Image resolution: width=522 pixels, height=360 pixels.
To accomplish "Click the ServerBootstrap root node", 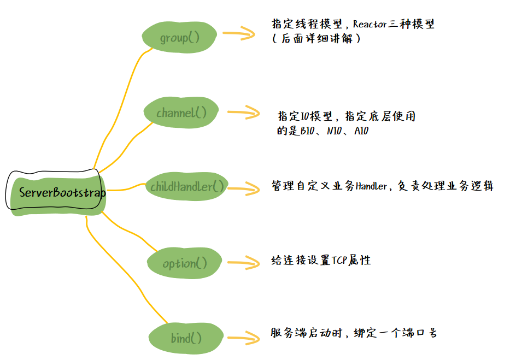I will [58, 193].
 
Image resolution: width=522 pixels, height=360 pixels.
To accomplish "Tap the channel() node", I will [181, 113].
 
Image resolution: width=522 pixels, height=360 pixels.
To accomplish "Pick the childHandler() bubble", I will [187, 187].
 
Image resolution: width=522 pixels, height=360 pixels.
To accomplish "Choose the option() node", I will [185, 263].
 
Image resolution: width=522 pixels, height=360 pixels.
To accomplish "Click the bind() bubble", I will [186, 338].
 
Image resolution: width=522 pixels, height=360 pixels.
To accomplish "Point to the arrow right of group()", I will [239, 34].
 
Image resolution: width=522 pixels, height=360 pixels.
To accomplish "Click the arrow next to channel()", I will [243, 113].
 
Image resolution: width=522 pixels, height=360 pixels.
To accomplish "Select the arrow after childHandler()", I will [243, 188].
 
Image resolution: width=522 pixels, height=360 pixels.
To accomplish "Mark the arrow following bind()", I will [244, 337].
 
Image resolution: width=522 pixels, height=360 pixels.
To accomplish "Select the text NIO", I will [334, 131].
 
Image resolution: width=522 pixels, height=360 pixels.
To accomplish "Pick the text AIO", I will [361, 131].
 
